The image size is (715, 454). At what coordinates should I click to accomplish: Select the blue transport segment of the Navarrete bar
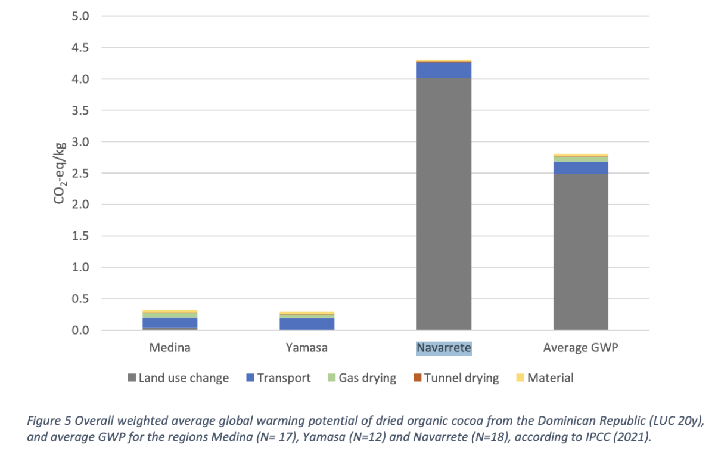[444, 70]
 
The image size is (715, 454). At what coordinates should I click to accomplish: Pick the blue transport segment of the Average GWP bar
[581, 168]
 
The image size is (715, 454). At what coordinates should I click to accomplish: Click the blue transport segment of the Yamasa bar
[307, 323]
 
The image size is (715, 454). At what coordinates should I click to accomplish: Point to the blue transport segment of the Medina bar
[170, 322]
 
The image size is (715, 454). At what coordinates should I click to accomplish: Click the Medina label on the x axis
[170, 347]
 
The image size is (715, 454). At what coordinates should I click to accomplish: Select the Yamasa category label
[307, 347]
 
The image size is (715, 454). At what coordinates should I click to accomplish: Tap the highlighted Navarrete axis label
[444, 347]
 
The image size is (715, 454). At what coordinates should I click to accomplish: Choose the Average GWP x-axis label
[581, 347]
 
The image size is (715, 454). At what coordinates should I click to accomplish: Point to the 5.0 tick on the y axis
[80, 16]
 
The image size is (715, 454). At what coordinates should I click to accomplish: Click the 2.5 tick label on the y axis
[80, 173]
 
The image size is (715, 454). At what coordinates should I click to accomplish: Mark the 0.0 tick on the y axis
[80, 330]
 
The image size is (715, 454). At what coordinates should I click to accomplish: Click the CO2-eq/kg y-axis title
[60, 173]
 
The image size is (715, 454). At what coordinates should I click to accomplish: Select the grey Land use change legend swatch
[132, 378]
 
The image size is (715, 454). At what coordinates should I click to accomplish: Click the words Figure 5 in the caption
[49, 420]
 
